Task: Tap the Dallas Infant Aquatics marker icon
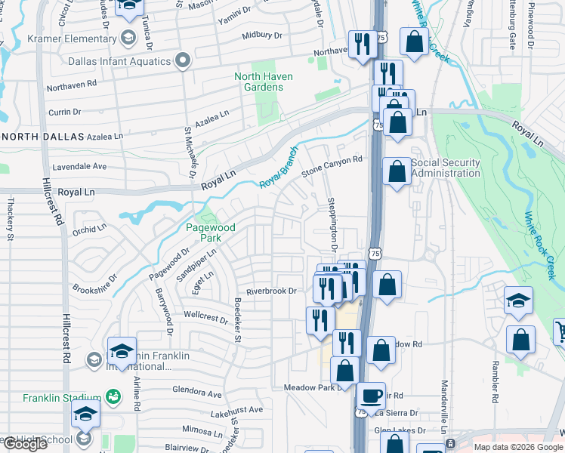tap(182, 60)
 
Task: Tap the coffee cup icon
tap(370, 395)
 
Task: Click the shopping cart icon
tap(560, 331)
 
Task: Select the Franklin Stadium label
tap(62, 398)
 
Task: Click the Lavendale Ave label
tap(79, 165)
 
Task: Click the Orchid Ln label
tap(90, 229)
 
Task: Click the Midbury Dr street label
tap(262, 35)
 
